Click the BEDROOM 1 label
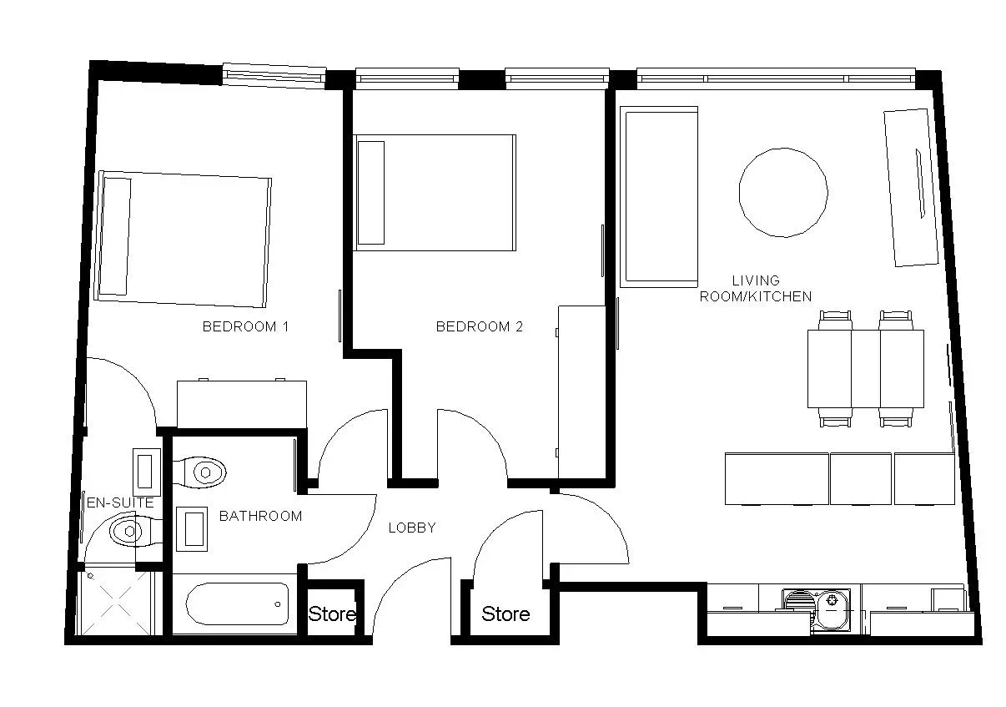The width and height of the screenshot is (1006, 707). [245, 326]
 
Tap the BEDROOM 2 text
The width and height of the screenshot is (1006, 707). [479, 326]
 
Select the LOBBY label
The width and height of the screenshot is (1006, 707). [412, 528]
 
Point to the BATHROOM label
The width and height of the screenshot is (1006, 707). [260, 516]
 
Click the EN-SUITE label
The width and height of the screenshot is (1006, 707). [120, 502]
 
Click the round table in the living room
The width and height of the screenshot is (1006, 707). [783, 192]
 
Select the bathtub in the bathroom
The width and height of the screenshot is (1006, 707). [237, 604]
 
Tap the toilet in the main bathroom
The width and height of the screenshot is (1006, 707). [200, 472]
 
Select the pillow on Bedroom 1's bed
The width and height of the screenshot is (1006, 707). [115, 236]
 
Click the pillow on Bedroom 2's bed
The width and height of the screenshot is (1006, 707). [371, 193]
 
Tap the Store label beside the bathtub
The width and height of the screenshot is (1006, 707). [332, 614]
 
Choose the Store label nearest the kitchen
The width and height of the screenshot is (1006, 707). [506, 614]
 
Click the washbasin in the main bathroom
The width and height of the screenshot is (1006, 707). [194, 528]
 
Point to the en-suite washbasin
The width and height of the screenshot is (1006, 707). [147, 472]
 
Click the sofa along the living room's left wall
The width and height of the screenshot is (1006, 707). [659, 196]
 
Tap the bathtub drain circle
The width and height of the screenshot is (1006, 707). [278, 604]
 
